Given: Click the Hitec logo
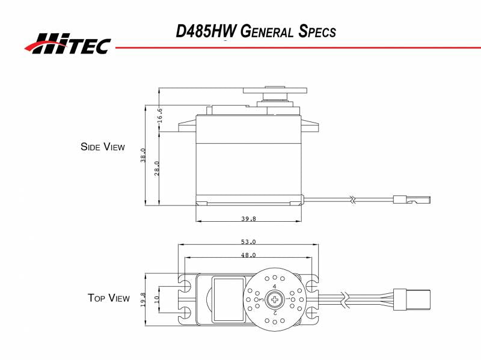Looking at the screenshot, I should [67, 43].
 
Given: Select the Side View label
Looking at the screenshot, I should [103, 147].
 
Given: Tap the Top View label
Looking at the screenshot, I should [108, 298].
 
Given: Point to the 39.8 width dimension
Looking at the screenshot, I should [248, 219].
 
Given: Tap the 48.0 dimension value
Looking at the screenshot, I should [248, 255].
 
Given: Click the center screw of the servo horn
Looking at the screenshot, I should [275, 299].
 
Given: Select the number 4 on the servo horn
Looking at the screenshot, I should [275, 287].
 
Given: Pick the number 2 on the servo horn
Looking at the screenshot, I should [275, 312].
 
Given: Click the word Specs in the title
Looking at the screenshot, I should [317, 31].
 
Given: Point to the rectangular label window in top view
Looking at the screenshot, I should [229, 298].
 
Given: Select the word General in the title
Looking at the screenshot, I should [266, 31].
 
